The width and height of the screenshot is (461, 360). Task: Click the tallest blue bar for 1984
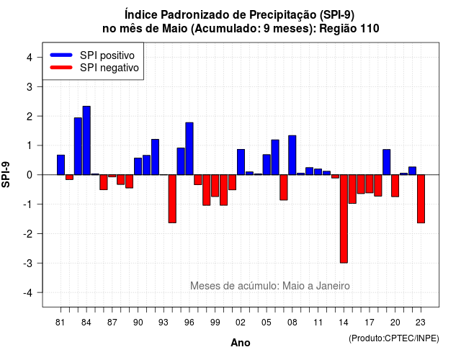pos(86,140)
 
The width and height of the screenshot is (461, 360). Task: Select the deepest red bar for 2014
pos(344,219)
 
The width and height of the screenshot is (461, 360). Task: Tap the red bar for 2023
pos(421,199)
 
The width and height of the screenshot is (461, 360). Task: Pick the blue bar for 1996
pos(189,149)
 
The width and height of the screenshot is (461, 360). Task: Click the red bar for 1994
pos(172,199)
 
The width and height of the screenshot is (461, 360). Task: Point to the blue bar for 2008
pos(292,156)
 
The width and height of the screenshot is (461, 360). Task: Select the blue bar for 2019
pos(387,162)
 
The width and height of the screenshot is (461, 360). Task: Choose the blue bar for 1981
pos(61,165)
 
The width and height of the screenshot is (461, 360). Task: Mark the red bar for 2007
pos(284,187)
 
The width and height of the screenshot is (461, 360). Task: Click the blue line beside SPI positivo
pos(61,55)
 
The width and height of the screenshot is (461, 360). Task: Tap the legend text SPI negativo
pos(109,68)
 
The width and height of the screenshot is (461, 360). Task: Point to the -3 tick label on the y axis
pos(28,264)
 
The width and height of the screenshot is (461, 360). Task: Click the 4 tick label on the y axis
pos(30,58)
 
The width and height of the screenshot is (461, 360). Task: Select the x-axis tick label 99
pos(215,323)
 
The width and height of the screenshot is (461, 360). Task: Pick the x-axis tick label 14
pos(344,323)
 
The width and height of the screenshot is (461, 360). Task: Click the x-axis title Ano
pos(241,343)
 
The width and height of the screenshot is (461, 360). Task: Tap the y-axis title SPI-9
pos(6,174)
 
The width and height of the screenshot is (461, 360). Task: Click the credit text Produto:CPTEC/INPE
pos(394,338)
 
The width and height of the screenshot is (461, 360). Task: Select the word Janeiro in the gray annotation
pos(333,286)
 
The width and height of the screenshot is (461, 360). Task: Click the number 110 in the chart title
pos(370,29)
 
